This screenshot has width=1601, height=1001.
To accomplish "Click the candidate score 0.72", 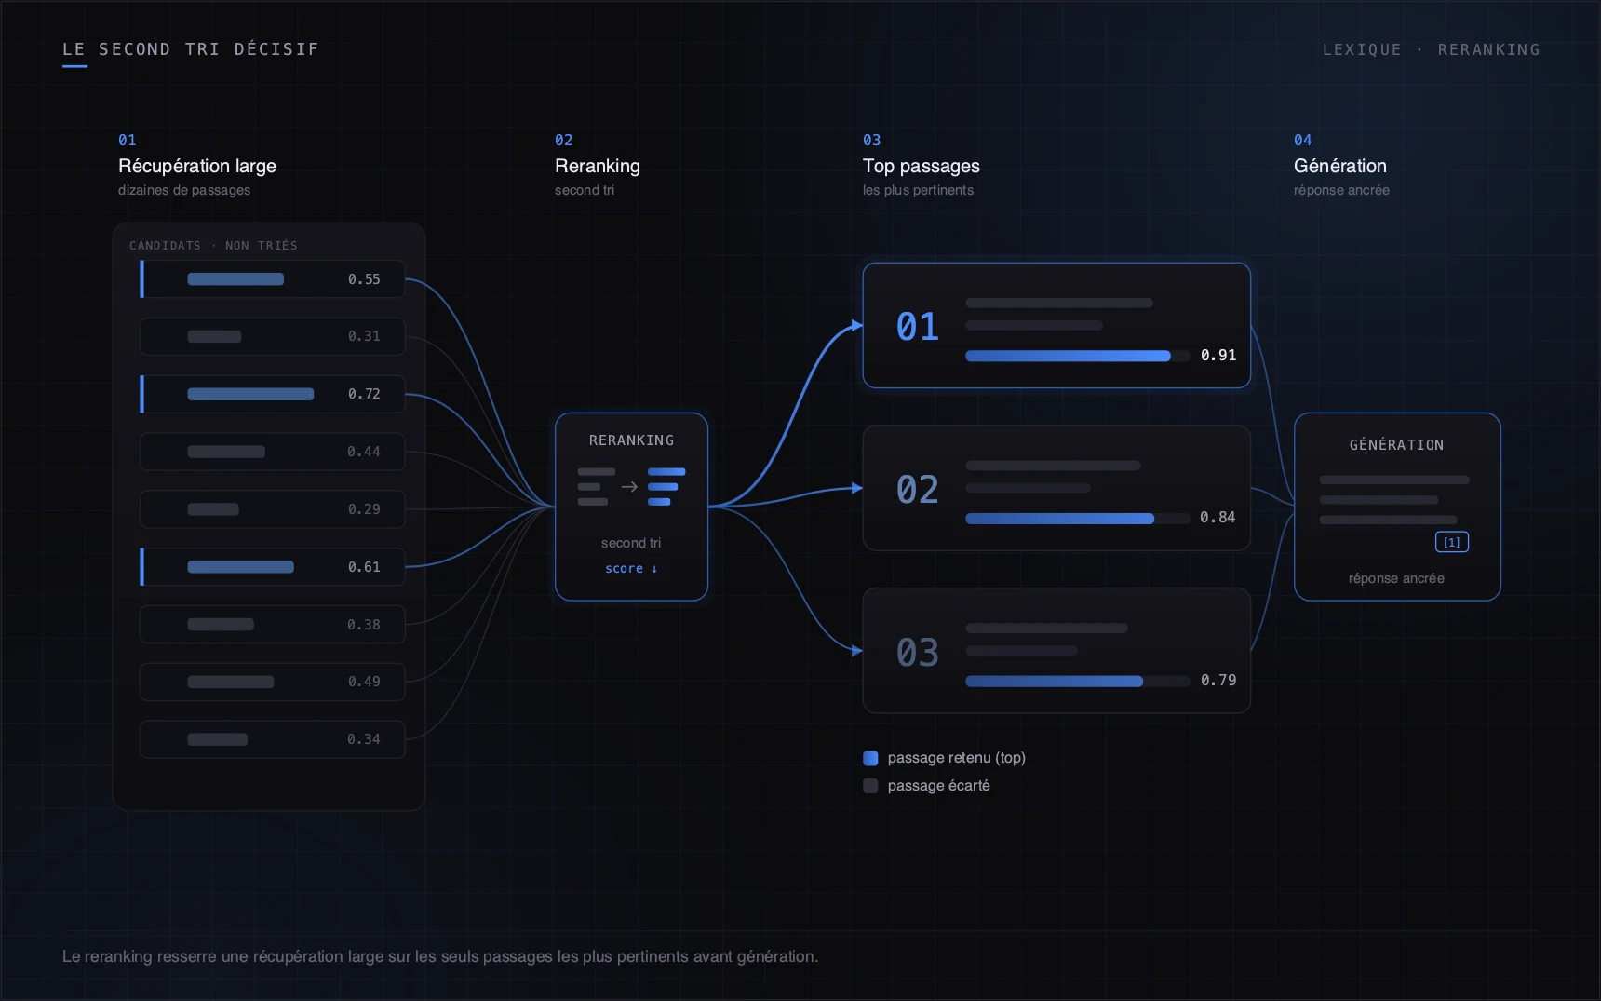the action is [364, 394].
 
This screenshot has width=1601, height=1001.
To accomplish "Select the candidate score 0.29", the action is [364, 509].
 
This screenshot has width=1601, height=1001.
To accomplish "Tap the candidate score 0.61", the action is [364, 567].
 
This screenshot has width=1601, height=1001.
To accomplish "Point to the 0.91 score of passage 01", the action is [1218, 355].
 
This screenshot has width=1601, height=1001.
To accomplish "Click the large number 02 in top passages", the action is [917, 490].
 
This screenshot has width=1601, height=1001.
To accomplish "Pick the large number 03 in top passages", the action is [917, 653].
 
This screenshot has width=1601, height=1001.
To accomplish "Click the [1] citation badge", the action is [1452, 542].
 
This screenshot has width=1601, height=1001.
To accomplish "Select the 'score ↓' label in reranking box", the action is [631, 569].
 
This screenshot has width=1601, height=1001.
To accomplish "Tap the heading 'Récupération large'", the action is [197, 166].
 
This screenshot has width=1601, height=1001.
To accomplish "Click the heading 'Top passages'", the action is [922, 166].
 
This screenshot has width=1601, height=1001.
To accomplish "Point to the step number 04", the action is [1303, 140].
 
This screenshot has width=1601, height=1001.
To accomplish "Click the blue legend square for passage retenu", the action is [870, 758].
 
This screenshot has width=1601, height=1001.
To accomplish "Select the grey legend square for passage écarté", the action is [870, 786].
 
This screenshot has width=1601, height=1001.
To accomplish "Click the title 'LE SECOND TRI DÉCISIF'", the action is [191, 49].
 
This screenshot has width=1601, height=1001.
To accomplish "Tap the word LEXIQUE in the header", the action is [1362, 49].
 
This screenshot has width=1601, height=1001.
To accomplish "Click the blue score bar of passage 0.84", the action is [1060, 519].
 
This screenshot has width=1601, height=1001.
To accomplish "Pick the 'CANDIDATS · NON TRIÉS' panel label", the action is [213, 246].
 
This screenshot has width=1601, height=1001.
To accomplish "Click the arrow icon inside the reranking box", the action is [629, 487].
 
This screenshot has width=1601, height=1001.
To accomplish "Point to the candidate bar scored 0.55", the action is [235, 279].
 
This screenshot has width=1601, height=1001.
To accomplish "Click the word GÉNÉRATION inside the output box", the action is [1397, 445].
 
